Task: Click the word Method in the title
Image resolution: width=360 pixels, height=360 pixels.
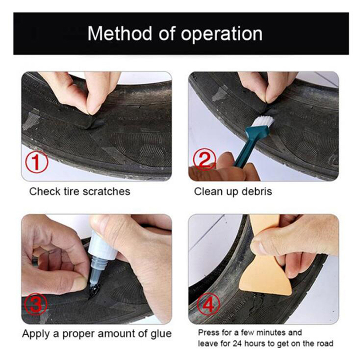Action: [119, 33]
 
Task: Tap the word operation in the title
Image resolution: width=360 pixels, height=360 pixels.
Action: [221, 35]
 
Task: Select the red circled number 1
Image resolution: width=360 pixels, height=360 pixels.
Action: [37, 162]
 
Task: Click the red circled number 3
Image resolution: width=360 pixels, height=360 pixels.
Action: [36, 304]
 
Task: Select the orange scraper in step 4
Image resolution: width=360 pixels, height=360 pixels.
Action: [265, 257]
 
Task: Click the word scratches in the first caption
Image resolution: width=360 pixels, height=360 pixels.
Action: [106, 191]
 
